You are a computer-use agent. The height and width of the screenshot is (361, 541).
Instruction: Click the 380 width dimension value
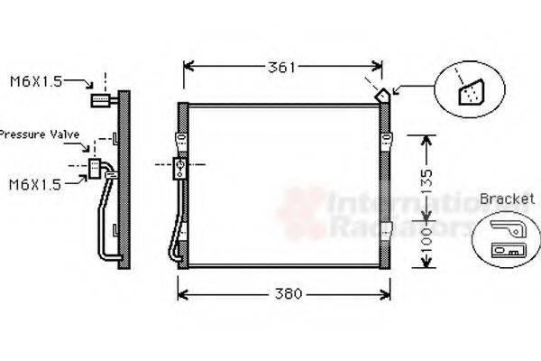[286, 294]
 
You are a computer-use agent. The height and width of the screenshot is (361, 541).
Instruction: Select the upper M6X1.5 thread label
[36, 82]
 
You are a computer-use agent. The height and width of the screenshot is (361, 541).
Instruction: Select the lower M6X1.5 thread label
[35, 184]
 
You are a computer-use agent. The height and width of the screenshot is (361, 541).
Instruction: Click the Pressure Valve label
[41, 134]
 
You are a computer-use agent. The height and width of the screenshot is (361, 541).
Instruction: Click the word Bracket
[503, 199]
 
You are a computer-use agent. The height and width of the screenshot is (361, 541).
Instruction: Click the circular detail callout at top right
[469, 88]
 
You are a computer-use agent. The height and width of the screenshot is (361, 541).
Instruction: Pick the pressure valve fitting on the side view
[96, 166]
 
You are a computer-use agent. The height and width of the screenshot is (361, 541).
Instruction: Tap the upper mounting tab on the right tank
[388, 139]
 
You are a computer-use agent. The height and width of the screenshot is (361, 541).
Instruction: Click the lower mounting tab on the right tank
[388, 226]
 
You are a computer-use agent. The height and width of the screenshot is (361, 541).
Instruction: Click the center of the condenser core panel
[284, 185]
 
